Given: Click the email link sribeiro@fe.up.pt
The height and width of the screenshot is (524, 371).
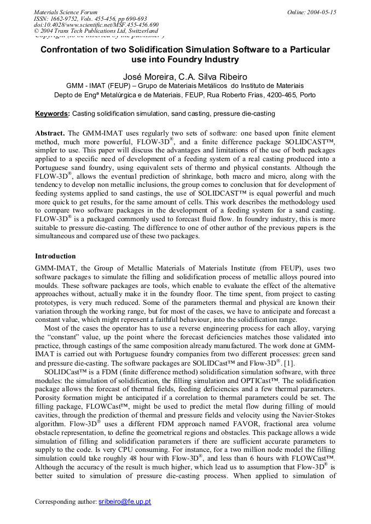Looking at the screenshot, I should tap(125, 501).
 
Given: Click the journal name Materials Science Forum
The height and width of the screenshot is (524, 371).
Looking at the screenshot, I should tap(66, 12).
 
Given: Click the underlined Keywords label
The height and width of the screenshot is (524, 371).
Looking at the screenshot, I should tap(52, 114).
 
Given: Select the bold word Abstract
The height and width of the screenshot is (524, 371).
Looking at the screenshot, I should tap(50, 133).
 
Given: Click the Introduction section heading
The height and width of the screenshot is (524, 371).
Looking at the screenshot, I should tap(55, 256).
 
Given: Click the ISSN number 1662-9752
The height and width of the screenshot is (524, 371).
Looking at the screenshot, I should tap(65, 19).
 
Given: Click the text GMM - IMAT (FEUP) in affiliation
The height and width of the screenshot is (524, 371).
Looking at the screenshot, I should tap(100, 86).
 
